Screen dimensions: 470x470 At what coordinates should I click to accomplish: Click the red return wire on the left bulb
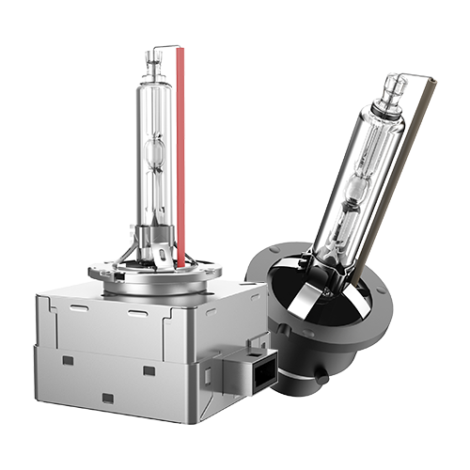pyautogui.click(x=179, y=150)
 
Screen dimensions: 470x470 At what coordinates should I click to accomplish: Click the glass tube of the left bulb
pyautogui.click(x=153, y=113)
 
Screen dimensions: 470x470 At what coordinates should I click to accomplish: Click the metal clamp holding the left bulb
pyautogui.click(x=150, y=246)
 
